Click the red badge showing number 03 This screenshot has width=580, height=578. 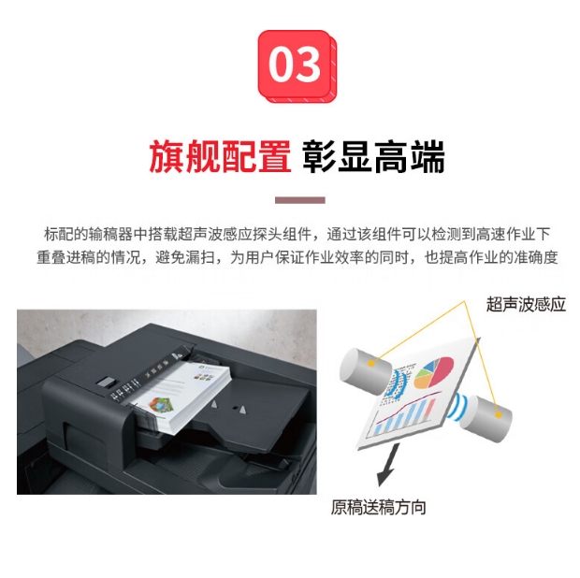click(x=297, y=65)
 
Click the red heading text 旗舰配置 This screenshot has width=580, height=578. click(x=220, y=156)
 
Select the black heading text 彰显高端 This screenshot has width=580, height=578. click(x=373, y=156)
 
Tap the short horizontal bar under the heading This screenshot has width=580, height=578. click(x=300, y=200)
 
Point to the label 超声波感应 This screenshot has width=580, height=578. click(x=526, y=304)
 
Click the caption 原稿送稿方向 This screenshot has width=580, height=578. click(x=378, y=507)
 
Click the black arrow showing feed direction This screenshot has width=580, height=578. click(x=388, y=465)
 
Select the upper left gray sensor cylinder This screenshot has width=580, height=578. click(x=365, y=370)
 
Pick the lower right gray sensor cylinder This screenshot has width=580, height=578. click(x=486, y=419)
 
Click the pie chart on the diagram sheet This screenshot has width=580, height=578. click(x=433, y=372)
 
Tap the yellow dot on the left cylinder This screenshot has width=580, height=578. click(x=371, y=364)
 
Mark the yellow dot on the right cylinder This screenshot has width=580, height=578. click(x=499, y=414)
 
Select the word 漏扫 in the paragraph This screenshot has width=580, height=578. click(x=200, y=257)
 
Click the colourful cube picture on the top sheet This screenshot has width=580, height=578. click(x=161, y=404)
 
